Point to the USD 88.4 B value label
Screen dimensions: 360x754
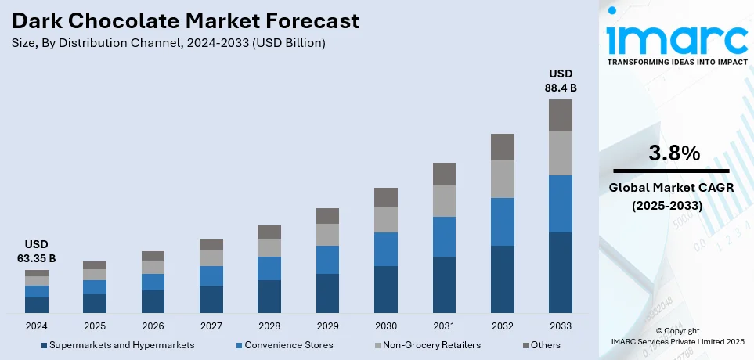(x=560, y=81)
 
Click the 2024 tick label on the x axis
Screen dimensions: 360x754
(x=37, y=326)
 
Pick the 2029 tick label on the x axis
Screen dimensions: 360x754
(x=327, y=326)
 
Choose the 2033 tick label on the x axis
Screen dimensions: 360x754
(x=560, y=326)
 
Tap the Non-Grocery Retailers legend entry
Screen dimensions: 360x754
(x=431, y=345)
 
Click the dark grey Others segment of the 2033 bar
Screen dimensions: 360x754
(x=560, y=115)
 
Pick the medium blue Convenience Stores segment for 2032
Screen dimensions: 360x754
(x=502, y=221)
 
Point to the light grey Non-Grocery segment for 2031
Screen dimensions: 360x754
(x=444, y=201)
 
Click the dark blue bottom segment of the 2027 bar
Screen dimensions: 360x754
(x=211, y=299)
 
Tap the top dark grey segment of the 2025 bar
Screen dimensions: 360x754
(x=95, y=265)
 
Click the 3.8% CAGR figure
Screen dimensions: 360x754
(x=674, y=154)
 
